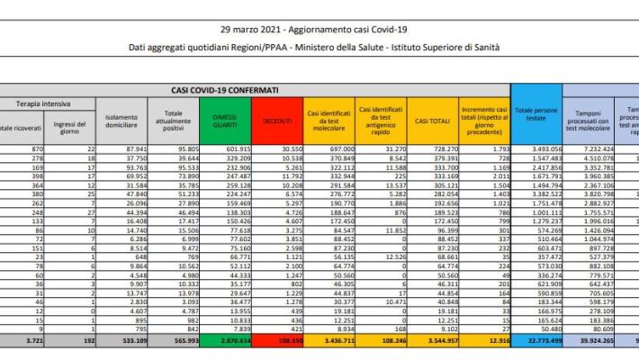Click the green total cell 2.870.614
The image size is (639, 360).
pos(237,343)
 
